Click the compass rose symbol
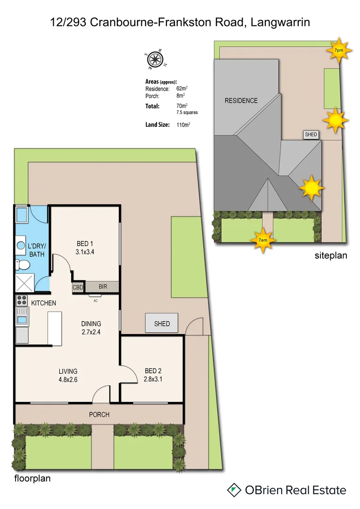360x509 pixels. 154,60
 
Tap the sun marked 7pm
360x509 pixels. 338,50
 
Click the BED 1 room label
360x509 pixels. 85,244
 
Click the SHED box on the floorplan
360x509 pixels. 162,324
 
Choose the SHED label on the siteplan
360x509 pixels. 311,135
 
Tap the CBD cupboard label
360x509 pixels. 78,287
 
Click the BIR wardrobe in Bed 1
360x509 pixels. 102,287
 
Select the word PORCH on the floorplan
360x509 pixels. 99,415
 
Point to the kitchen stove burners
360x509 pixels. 22,300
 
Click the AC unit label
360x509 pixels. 95,301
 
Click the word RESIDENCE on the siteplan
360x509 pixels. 241,100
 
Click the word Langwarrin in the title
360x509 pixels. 278,22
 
